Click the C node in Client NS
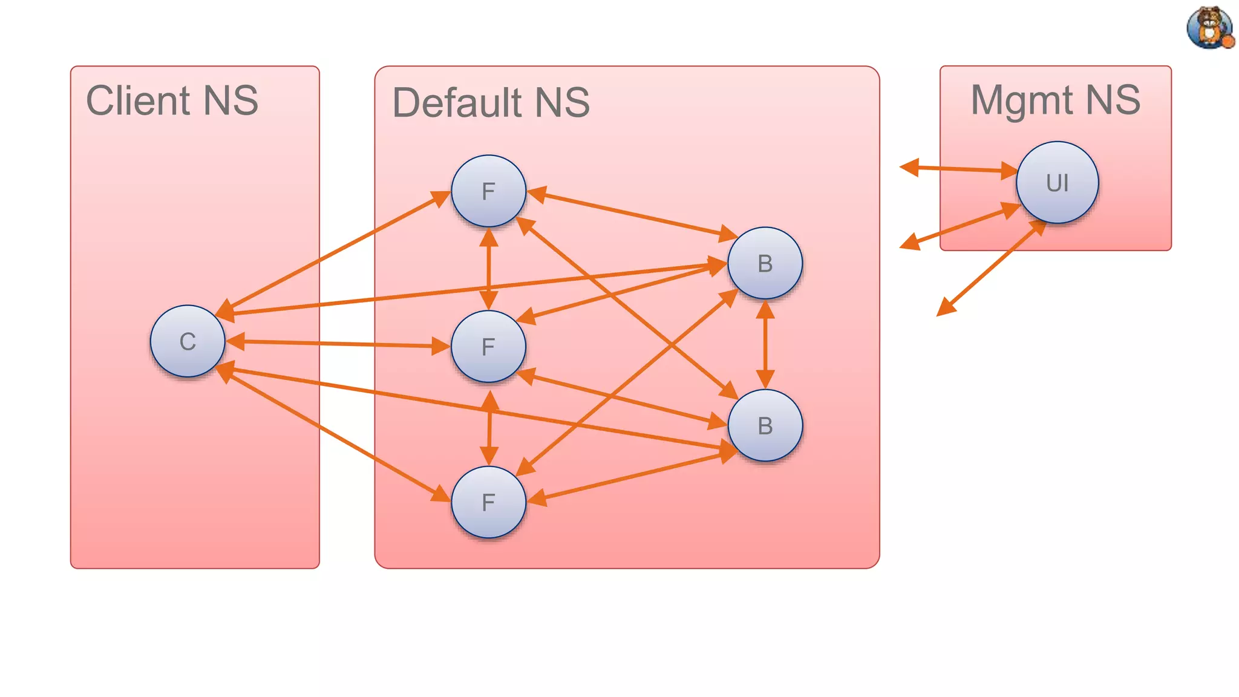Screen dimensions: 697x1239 pyautogui.click(x=188, y=341)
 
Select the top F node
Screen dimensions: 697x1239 pyautogui.click(x=488, y=191)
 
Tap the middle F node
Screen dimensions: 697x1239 pyautogui.click(x=488, y=347)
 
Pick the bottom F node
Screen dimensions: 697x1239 pyautogui.click(x=488, y=502)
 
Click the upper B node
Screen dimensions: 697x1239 pyautogui.click(x=765, y=263)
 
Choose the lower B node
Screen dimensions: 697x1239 pyautogui.click(x=765, y=425)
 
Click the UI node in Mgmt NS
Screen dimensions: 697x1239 pyautogui.click(x=1057, y=183)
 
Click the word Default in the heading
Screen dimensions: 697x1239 pyautogui.click(x=457, y=103)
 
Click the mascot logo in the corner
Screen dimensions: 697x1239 pyautogui.click(x=1209, y=27)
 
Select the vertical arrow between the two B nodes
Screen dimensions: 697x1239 pyautogui.click(x=765, y=344)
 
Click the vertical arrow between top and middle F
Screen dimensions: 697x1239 pyautogui.click(x=488, y=269)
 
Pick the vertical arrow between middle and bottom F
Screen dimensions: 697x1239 pyautogui.click(x=489, y=428)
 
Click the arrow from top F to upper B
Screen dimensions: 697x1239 pyautogui.click(x=632, y=215)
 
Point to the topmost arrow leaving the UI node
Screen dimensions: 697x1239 pyautogui.click(x=959, y=169)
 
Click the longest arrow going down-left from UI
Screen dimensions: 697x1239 pyautogui.click(x=992, y=267)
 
